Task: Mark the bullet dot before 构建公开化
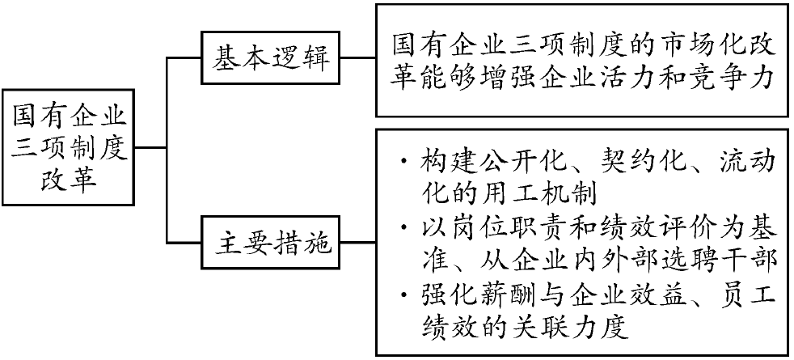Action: (x=403, y=163)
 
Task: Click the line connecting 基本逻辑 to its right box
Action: (x=358, y=57)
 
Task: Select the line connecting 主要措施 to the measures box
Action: (x=358, y=243)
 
